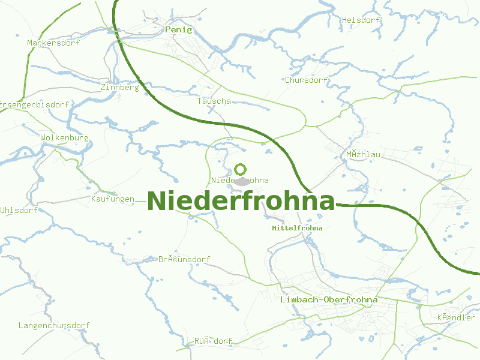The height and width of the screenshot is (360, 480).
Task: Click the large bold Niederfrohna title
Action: (x=241, y=201)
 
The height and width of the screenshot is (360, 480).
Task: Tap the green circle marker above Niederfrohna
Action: (x=241, y=170)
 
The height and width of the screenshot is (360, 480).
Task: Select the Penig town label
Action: (x=178, y=29)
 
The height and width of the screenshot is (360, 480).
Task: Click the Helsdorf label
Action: (x=361, y=20)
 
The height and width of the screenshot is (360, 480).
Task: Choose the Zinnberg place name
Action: (x=120, y=87)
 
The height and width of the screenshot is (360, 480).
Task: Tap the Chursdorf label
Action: (x=307, y=80)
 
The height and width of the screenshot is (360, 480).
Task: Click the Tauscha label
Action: (x=214, y=101)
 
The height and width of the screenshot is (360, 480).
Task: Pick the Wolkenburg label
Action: (x=64, y=137)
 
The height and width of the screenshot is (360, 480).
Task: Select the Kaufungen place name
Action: (x=113, y=199)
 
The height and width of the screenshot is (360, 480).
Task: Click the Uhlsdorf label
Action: (x=19, y=210)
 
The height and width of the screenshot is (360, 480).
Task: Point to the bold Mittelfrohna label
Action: (x=297, y=228)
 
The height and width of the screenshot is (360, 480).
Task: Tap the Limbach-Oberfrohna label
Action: (x=329, y=299)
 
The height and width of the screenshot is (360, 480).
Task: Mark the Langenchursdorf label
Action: (x=54, y=325)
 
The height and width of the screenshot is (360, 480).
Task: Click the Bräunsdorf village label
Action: (x=184, y=259)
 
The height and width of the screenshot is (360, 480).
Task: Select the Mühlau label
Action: (x=363, y=154)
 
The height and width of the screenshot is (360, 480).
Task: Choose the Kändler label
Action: (x=456, y=317)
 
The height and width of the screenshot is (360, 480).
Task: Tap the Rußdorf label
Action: (x=213, y=341)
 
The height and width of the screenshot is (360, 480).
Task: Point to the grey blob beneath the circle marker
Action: (x=242, y=181)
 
